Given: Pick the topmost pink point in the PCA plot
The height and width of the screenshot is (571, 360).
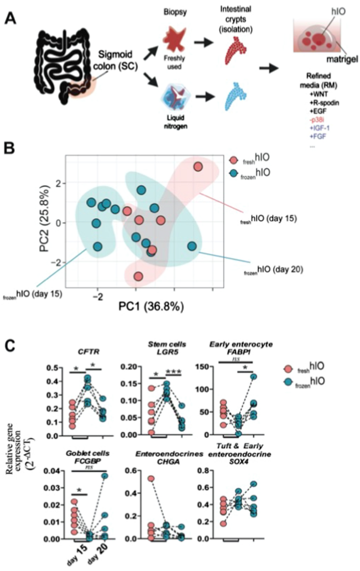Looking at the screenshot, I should click(x=198, y=167).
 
